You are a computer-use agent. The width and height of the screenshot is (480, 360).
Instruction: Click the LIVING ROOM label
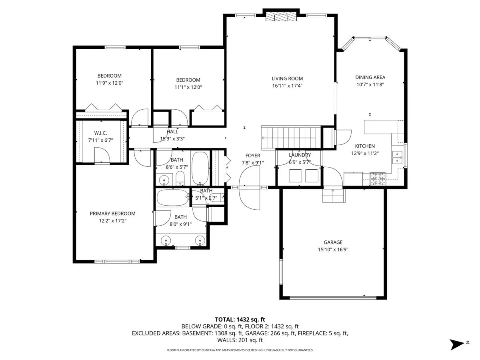tap(287, 79)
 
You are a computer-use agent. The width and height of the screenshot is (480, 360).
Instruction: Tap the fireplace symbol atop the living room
tap(282, 16)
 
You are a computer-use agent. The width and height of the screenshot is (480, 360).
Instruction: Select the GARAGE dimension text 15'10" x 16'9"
tap(333, 249)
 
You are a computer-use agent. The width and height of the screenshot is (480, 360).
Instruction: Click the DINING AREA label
tap(370, 78)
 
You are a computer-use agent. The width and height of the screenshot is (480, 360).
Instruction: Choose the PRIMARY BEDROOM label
tap(112, 214)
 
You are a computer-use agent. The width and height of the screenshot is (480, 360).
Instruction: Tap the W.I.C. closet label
tap(100, 133)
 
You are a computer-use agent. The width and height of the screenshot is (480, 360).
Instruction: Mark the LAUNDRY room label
tap(300, 155)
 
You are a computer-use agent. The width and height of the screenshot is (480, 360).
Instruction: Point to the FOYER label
tap(252, 156)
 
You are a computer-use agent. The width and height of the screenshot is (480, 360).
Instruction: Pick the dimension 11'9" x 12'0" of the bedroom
tap(109, 83)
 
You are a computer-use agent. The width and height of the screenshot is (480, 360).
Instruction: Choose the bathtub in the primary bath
tap(172, 198)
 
